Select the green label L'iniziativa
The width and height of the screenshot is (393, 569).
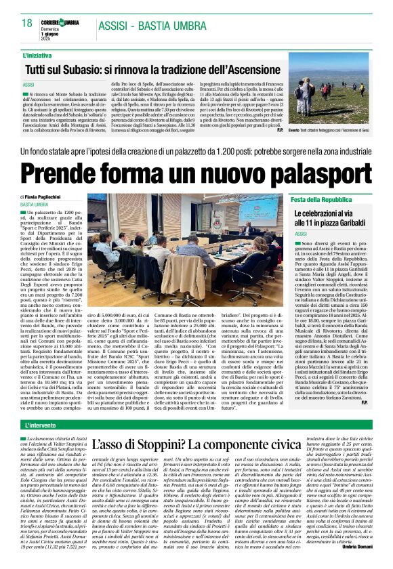[40, 55]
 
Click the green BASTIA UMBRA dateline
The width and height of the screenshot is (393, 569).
[39, 204]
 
